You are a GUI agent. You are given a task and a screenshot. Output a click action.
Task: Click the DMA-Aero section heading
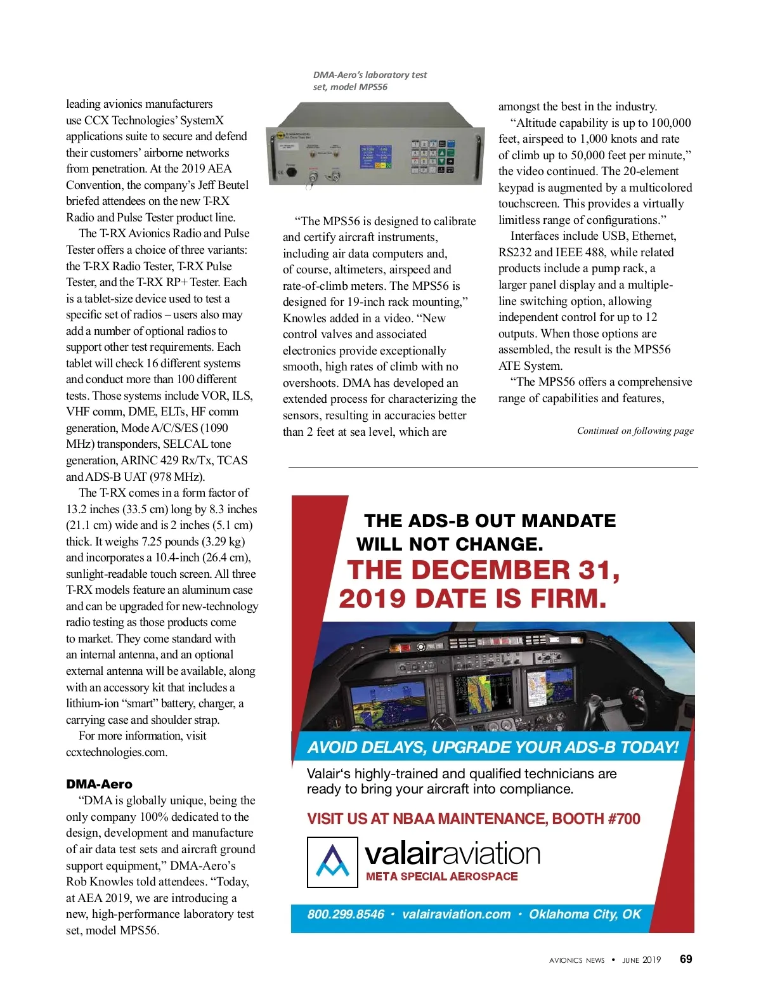[x=99, y=784]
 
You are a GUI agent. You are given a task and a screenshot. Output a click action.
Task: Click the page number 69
[x=686, y=959]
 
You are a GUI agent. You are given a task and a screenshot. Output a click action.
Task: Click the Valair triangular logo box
[x=332, y=861]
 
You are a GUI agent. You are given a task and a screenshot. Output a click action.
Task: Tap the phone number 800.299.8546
[x=346, y=914]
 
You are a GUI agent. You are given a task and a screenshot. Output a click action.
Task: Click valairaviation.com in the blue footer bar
[x=456, y=914]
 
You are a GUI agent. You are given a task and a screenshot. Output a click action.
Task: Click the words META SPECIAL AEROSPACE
[x=441, y=877]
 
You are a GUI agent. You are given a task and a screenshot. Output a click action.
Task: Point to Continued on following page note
[x=635, y=431]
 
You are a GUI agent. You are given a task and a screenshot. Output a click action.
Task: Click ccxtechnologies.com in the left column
[x=117, y=752]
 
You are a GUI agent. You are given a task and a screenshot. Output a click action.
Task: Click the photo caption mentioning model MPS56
[x=370, y=81]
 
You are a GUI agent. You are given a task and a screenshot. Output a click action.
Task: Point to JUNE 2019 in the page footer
[x=641, y=960]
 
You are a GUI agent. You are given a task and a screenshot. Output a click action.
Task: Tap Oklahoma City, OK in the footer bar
[x=585, y=914]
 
